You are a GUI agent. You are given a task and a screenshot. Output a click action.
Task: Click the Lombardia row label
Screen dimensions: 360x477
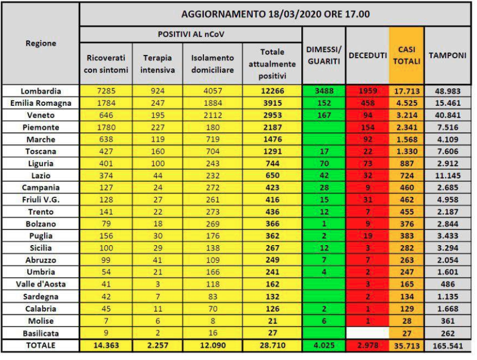pyautogui.click(x=40, y=91)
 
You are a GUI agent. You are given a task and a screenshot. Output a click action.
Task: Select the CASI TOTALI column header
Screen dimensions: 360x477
pyautogui.click(x=406, y=55)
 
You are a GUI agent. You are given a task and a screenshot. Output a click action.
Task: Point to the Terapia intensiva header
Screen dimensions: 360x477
pyautogui.click(x=158, y=65)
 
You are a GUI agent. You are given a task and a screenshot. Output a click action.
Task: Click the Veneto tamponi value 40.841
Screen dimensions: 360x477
pyautogui.click(x=448, y=115)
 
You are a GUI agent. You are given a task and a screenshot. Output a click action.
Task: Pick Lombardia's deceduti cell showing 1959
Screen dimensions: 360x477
pyautogui.click(x=367, y=91)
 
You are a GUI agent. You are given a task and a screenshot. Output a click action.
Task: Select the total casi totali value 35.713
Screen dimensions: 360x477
pyautogui.click(x=406, y=345)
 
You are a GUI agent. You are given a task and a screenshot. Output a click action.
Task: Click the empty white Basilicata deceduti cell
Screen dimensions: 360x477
pyautogui.click(x=367, y=332)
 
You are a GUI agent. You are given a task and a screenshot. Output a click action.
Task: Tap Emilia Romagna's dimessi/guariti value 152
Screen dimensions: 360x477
pyautogui.click(x=322, y=103)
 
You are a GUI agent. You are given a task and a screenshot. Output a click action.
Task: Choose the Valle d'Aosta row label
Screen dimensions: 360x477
pyautogui.click(x=40, y=284)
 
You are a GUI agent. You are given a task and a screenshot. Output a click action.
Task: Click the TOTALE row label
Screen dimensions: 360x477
pyautogui.click(x=40, y=345)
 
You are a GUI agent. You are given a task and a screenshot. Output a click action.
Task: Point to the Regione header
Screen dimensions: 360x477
pyautogui.click(x=40, y=43)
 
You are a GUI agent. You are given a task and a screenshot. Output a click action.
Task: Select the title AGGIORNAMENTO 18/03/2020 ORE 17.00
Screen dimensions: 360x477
pyautogui.click(x=275, y=14)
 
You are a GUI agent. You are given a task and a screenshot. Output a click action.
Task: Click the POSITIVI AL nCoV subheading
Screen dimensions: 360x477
pyautogui.click(x=190, y=34)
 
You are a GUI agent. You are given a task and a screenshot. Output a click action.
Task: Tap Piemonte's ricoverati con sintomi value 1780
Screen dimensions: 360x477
pyautogui.click(x=106, y=127)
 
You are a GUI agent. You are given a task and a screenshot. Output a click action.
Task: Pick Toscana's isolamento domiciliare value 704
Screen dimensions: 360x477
pyautogui.click(x=212, y=151)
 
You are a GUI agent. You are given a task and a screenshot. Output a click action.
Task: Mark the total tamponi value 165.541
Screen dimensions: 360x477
pyautogui.click(x=448, y=345)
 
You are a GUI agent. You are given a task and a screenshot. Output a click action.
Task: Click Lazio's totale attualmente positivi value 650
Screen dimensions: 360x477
pyautogui.click(x=271, y=175)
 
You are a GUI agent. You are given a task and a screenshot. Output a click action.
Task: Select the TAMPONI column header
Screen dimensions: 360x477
pyautogui.click(x=448, y=55)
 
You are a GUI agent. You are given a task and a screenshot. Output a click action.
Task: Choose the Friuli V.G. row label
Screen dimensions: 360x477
pyautogui.click(x=40, y=199)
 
